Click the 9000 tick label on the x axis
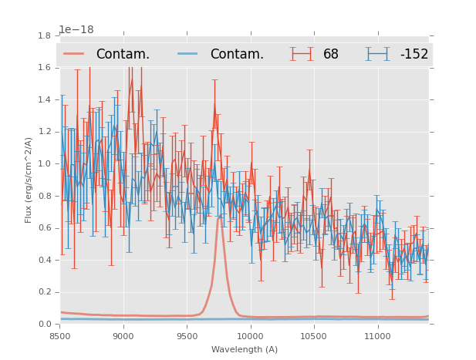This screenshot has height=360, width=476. click(123, 336)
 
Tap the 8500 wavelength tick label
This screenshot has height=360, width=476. click(60, 336)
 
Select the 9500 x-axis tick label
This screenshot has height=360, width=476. click(187, 336)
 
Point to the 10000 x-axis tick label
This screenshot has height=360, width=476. click(251, 336)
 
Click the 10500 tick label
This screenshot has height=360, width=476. click(314, 336)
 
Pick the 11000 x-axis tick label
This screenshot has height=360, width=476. click(378, 336)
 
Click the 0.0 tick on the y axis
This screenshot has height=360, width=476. click(46, 325)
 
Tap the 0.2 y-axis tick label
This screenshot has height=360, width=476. click(46, 292)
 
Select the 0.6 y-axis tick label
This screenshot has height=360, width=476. click(46, 228)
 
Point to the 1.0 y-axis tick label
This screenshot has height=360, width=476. click(46, 163)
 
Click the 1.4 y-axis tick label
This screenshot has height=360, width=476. click(46, 99)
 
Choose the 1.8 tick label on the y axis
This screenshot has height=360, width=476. click(46, 35)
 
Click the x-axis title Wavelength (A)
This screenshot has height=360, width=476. click(245, 349)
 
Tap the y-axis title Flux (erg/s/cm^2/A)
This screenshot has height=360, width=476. click(29, 180)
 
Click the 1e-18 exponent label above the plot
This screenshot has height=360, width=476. click(76, 29)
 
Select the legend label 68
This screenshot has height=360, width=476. click(331, 54)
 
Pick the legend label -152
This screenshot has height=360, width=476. click(414, 54)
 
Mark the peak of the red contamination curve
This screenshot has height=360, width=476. click(220, 217)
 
